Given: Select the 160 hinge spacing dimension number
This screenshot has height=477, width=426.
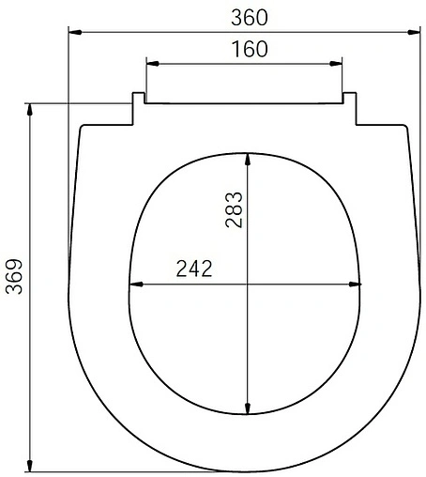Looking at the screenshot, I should (x=249, y=49).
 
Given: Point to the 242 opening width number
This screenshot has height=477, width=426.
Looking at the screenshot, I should (x=194, y=269).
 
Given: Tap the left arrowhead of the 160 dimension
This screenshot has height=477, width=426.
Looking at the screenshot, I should (x=150, y=64).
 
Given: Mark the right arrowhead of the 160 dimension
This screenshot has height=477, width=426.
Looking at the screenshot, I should (x=340, y=64).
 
